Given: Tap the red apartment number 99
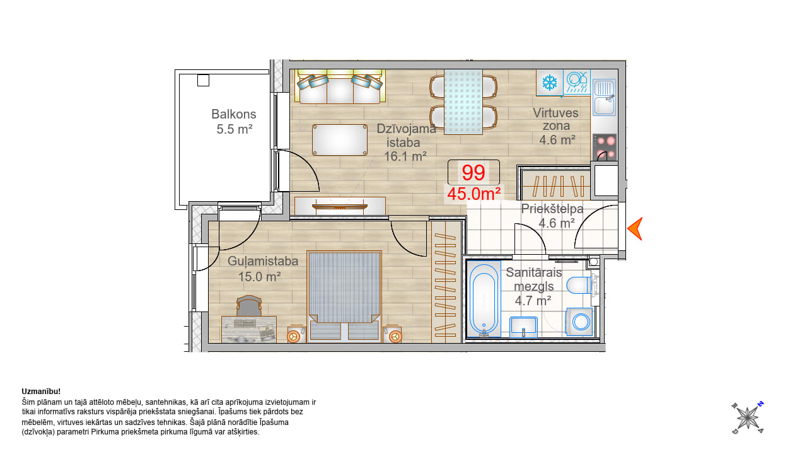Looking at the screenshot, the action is [x=473, y=173].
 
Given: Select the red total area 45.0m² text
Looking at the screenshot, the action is [x=473, y=194].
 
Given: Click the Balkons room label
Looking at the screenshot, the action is [x=233, y=114].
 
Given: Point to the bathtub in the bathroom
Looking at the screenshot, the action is [x=484, y=299].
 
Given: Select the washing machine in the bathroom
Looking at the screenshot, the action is [x=579, y=322].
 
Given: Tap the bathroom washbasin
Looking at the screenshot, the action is [x=523, y=327].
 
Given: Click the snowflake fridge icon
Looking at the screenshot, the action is [x=550, y=83].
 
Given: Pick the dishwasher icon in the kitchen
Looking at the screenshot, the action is [x=577, y=83].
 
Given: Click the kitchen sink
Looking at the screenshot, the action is [x=604, y=97].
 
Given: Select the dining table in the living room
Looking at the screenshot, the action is [x=463, y=102].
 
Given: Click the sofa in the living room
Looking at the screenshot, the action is [x=340, y=86].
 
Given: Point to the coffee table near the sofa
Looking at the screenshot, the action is [x=340, y=140].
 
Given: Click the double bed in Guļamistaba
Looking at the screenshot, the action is [x=344, y=296].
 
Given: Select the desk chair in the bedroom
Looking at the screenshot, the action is [x=248, y=306].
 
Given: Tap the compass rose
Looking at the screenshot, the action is [x=748, y=418].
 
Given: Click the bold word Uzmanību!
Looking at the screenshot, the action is [x=41, y=392].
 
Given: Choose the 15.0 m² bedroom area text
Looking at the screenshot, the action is [x=259, y=277].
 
